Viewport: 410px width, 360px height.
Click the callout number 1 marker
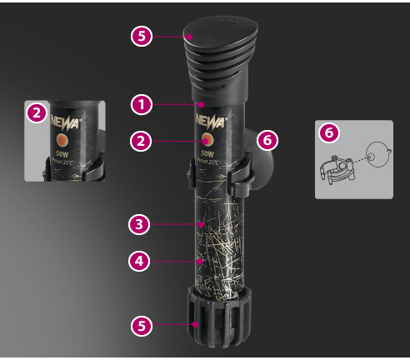(x=141, y=105)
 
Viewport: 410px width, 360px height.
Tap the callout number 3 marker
(x=140, y=224)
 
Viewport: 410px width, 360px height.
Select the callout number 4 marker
(x=140, y=261)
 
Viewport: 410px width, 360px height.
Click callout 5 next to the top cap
(x=141, y=37)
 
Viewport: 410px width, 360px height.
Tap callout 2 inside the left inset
(x=37, y=114)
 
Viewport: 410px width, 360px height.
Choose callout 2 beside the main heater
(x=141, y=142)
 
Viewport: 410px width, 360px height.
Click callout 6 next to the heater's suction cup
(x=267, y=140)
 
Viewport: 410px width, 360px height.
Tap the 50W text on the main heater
(x=206, y=152)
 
